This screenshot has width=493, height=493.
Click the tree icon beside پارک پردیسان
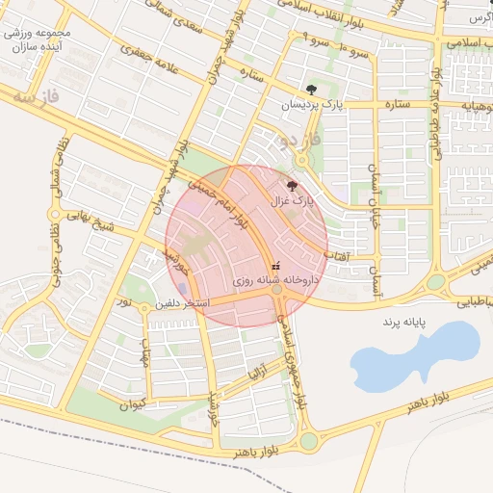pyautogui.click(x=310, y=90)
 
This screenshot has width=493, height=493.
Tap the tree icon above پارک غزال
pyautogui.click(x=292, y=186)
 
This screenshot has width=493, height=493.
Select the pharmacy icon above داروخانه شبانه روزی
pyautogui.click(x=276, y=264)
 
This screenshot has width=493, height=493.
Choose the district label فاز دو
pyautogui.click(x=298, y=141)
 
